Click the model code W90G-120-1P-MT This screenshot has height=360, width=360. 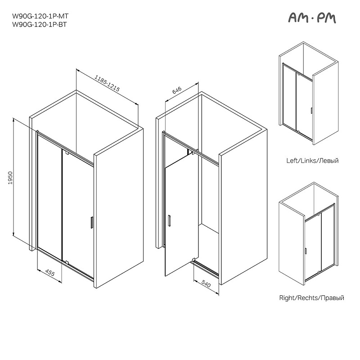(x=40, y=16)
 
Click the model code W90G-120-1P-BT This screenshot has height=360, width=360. (x=40, y=24)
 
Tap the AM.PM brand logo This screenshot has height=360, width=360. (x=312, y=18)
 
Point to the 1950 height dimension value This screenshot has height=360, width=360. (x=10, y=178)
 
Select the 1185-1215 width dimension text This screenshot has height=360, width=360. (x=107, y=83)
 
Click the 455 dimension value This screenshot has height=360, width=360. (x=50, y=273)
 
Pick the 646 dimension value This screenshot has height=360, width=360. (x=177, y=90)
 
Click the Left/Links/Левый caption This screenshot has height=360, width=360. (x=312, y=161)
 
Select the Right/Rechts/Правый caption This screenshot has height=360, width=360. (x=311, y=298)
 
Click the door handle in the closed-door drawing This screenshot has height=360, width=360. (x=91, y=222)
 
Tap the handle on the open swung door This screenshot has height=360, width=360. (x=169, y=221)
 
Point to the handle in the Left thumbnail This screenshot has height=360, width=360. (x=311, y=110)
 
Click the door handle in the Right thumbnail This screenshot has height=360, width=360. (x=306, y=251)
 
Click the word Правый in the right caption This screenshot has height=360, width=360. (x=332, y=298)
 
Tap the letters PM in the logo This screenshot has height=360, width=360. (x=327, y=18)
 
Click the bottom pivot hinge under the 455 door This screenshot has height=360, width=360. (x=67, y=261)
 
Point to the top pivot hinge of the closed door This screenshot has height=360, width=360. (x=67, y=153)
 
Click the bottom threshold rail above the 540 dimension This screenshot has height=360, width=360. (x=206, y=268)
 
